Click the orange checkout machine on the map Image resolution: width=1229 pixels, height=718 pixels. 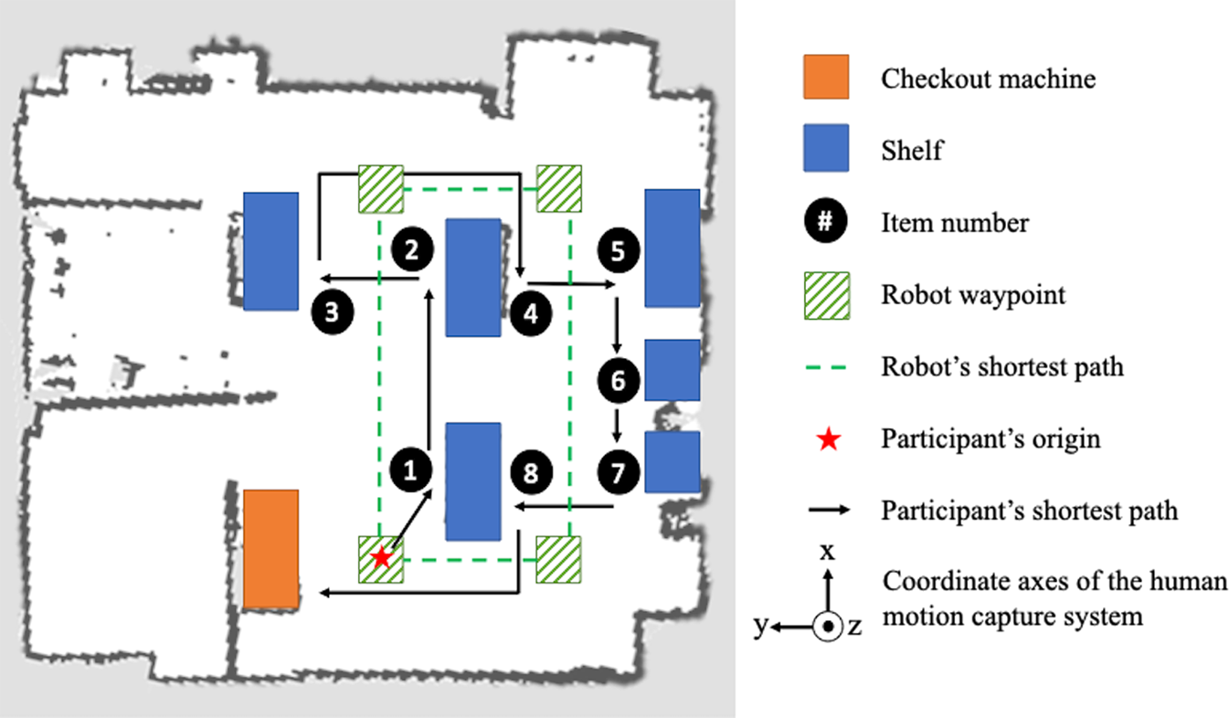tap(270, 548)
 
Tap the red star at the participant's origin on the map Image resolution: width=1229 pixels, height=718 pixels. tap(382, 557)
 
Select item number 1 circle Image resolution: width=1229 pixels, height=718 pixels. tap(410, 470)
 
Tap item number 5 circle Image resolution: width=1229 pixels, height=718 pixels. tap(619, 249)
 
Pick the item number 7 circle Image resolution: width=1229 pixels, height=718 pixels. tap(619, 471)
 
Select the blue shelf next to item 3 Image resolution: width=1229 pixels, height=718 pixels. tap(270, 251)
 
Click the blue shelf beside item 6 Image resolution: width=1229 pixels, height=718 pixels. tap(672, 370)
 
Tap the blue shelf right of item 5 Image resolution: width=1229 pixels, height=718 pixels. tap(672, 248)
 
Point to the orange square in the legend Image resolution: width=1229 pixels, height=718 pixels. tap(826, 77)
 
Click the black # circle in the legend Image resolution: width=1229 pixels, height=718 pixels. tap(826, 222)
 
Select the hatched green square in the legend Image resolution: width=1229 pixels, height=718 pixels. tap(826, 295)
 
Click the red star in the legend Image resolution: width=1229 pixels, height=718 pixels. tap(827, 440)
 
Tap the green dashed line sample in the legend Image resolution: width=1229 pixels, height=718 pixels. tap(826, 368)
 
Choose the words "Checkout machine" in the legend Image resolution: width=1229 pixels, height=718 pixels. tap(988, 79)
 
